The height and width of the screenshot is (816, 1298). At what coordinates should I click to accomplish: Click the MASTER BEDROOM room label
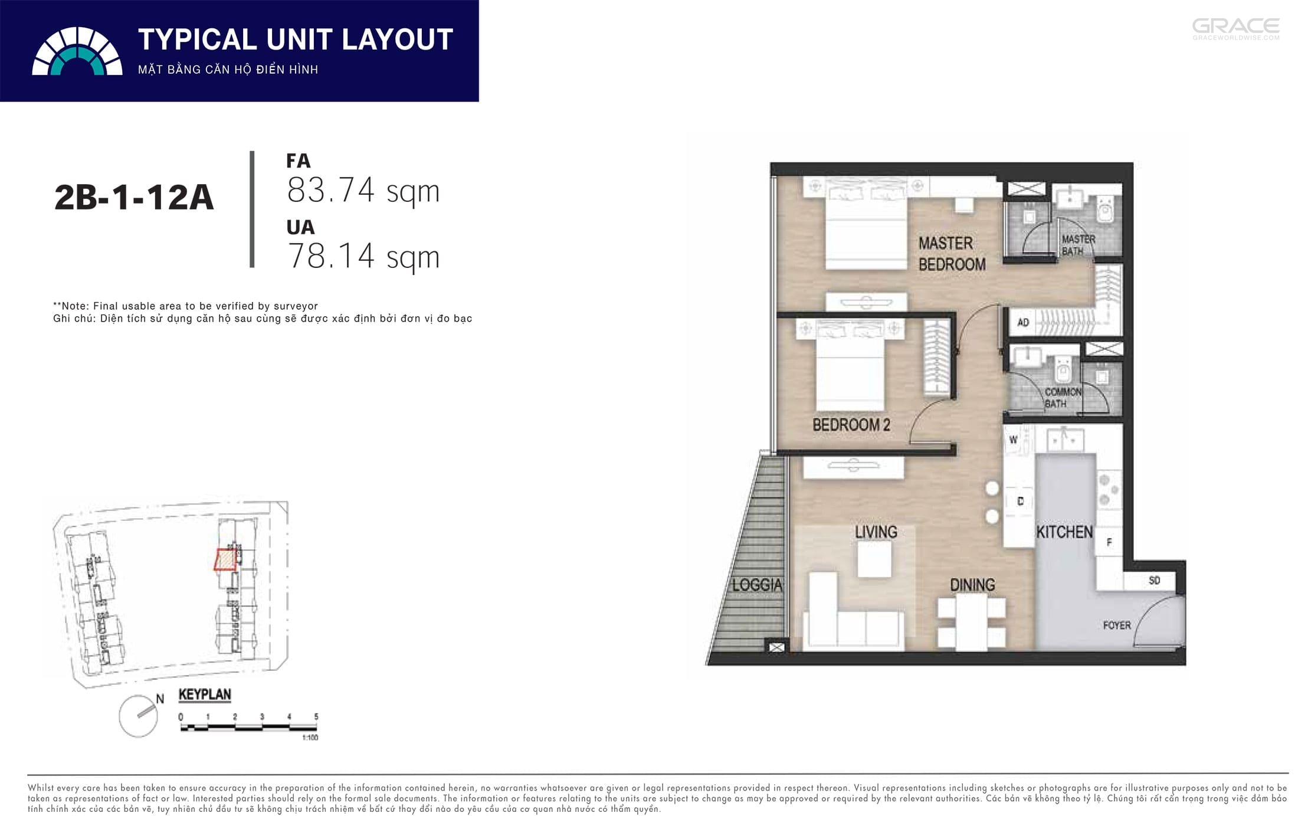click(x=952, y=254)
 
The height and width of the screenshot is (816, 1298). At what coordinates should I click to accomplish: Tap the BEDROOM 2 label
click(x=851, y=425)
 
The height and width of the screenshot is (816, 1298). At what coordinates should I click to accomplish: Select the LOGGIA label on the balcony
click(x=757, y=585)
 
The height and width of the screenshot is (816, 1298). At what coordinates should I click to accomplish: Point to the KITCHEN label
click(x=1064, y=532)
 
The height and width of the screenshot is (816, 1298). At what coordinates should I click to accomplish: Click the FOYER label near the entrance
click(x=1117, y=625)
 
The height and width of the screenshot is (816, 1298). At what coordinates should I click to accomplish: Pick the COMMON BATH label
click(x=1063, y=398)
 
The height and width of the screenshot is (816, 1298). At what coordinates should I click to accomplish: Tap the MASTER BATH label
click(x=1078, y=245)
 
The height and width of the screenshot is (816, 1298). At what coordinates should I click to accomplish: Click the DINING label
click(x=972, y=585)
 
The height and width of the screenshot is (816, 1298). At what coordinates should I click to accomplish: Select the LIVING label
click(x=876, y=532)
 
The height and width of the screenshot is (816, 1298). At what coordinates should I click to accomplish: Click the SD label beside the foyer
click(x=1155, y=581)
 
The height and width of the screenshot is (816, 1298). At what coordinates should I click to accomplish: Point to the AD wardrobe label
click(x=1023, y=322)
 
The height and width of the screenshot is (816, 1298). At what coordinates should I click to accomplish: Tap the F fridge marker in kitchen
click(x=1109, y=542)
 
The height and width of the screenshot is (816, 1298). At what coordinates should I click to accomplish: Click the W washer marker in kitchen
click(x=1013, y=440)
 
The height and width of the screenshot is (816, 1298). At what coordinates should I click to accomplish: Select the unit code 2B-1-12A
click(x=134, y=197)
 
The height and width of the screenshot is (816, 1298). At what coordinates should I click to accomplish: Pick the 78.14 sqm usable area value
click(x=363, y=257)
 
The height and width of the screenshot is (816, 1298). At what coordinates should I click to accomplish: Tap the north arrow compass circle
click(x=139, y=717)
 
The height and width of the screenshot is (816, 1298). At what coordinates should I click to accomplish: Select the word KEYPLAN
click(x=205, y=694)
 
